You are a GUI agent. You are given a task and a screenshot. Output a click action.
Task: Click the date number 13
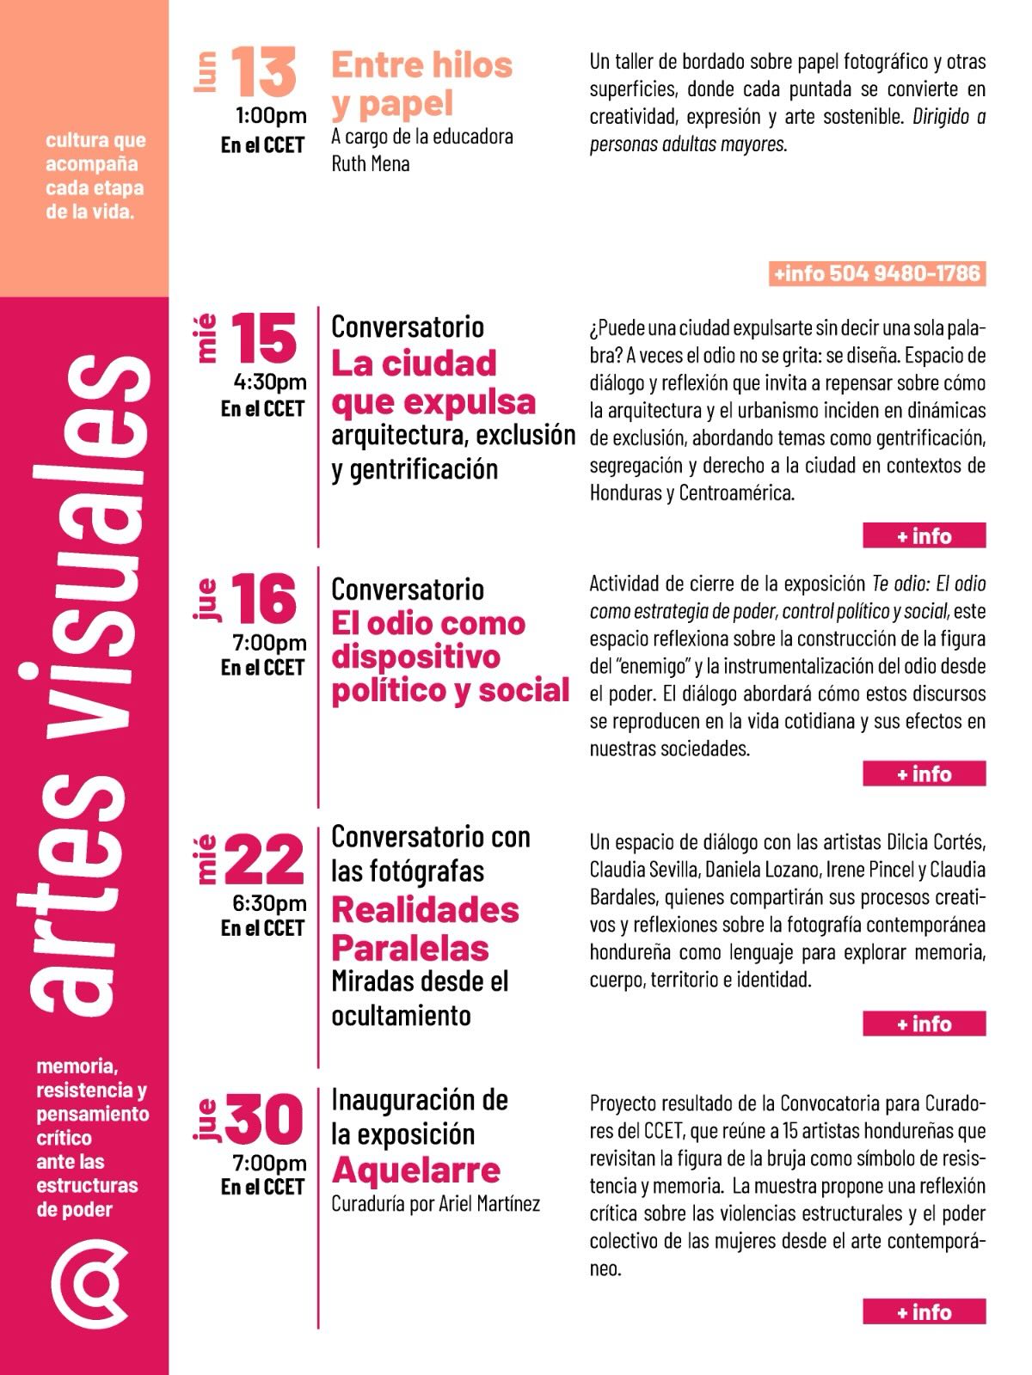pyautogui.click(x=264, y=72)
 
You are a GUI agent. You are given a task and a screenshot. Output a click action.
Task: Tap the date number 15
pyautogui.click(x=264, y=338)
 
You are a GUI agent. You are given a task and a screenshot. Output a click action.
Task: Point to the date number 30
pyautogui.click(x=264, y=1120)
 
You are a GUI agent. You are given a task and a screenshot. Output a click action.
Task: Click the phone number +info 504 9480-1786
pyautogui.click(x=876, y=273)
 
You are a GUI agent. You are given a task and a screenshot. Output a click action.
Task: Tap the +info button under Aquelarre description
pyautogui.click(x=924, y=1311)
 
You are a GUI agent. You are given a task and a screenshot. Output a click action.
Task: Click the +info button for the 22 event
pyautogui.click(x=924, y=1024)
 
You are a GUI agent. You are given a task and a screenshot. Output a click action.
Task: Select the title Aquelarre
pyautogui.click(x=415, y=1170)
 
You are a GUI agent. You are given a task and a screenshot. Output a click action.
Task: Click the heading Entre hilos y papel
pyautogui.click(x=421, y=84)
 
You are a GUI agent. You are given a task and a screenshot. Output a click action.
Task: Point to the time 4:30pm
pyautogui.click(x=270, y=382)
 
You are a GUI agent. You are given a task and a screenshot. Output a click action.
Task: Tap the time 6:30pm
pyautogui.click(x=270, y=903)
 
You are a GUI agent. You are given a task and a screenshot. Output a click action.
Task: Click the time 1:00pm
pyautogui.click(x=271, y=116)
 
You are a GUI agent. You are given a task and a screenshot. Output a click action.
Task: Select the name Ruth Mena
pyautogui.click(x=371, y=163)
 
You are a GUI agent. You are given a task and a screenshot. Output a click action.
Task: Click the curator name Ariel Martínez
pyautogui.click(x=489, y=1204)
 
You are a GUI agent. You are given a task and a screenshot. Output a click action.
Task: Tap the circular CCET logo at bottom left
pyautogui.click(x=89, y=1283)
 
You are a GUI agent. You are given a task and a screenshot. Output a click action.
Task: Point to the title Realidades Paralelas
pyautogui.click(x=425, y=929)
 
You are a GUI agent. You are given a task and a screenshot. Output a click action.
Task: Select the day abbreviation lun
pyautogui.click(x=206, y=72)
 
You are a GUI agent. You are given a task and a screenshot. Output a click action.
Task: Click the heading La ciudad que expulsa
pyautogui.click(x=433, y=382)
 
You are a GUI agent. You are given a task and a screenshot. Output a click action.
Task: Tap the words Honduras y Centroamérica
pyautogui.click(x=692, y=493)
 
